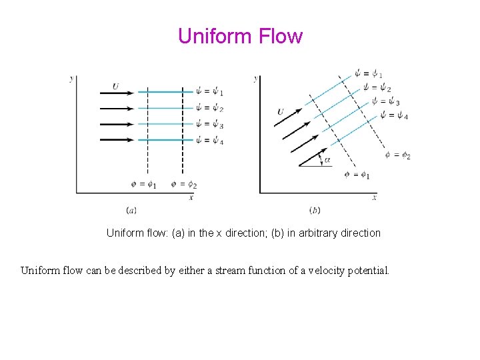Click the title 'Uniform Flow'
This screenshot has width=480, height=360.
[x=240, y=36]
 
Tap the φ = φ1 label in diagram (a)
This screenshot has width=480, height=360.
[x=144, y=185]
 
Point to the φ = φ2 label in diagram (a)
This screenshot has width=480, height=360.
[x=183, y=185]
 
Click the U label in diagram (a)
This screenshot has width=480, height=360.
[x=116, y=86]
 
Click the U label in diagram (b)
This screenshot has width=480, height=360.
[x=281, y=111]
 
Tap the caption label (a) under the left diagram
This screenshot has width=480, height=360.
[x=131, y=211]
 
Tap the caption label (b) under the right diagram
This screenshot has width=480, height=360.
[x=315, y=211]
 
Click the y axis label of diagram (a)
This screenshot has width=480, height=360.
[x=72, y=79]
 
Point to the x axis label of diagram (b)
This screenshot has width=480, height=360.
[x=375, y=197]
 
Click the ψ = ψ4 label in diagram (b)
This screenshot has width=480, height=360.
[x=394, y=116]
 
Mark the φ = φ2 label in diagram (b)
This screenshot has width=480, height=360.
[x=397, y=155]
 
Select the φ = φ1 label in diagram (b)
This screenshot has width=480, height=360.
[x=357, y=175]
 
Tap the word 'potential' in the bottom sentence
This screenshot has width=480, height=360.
[x=368, y=271]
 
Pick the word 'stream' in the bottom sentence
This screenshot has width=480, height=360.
[x=217, y=271]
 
